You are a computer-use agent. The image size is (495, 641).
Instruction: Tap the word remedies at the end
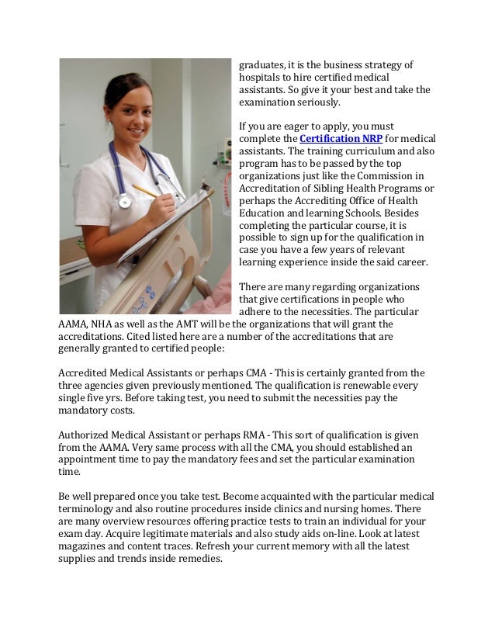click(201, 559)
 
